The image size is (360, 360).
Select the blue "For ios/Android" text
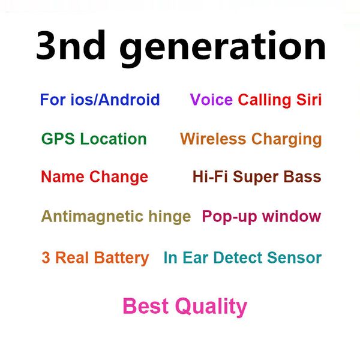coord(100,100)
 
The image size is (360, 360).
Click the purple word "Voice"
coord(211,100)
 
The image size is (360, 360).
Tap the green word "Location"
coord(113,139)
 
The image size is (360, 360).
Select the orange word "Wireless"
coord(213,139)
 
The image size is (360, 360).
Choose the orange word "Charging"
coord(286,140)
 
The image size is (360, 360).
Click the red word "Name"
coord(63,177)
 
